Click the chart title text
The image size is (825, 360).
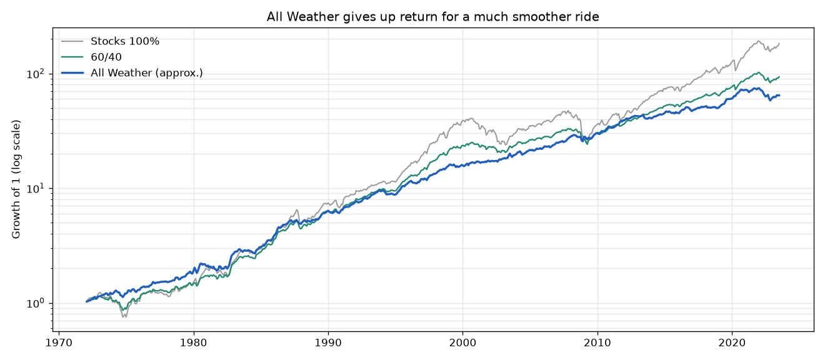(x=432, y=17)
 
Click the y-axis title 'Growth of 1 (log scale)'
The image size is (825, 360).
(x=16, y=179)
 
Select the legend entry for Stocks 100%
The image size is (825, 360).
(x=125, y=41)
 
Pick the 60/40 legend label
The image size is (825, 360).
(x=106, y=57)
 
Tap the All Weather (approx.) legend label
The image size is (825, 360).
(x=147, y=73)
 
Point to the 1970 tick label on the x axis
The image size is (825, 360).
(x=59, y=342)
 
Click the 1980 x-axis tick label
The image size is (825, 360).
(x=194, y=342)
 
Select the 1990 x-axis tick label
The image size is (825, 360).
(x=329, y=342)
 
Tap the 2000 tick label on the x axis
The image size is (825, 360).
(x=463, y=342)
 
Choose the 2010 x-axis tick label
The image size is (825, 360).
(x=597, y=342)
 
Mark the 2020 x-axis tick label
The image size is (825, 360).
(x=732, y=342)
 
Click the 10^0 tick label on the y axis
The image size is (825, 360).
(x=36, y=303)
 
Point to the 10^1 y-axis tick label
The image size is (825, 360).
(x=36, y=188)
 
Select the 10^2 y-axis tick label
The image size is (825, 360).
(x=36, y=74)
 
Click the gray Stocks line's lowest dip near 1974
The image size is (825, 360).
(x=124, y=317)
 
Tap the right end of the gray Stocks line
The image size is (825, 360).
(x=779, y=44)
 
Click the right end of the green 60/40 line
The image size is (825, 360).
(x=779, y=77)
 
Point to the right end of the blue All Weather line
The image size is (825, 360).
(x=779, y=96)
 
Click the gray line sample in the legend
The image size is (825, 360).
(x=72, y=41)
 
